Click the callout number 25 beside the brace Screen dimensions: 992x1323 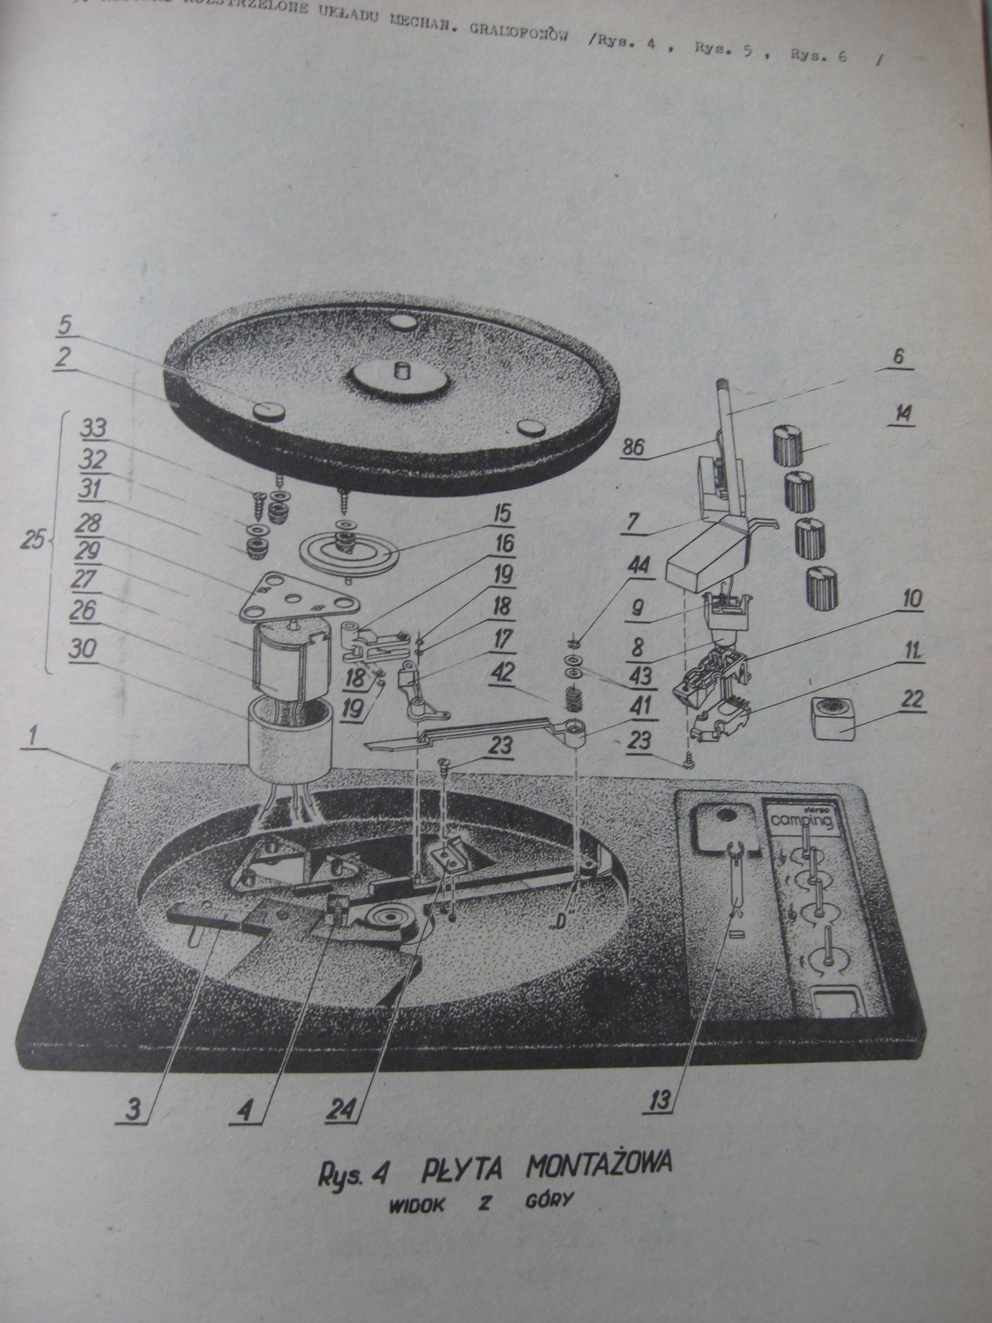pyautogui.click(x=33, y=541)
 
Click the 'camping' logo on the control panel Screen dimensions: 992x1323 pyautogui.click(x=802, y=822)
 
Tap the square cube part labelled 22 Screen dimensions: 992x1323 pyautogui.click(x=833, y=721)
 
